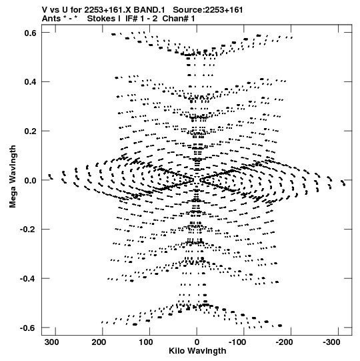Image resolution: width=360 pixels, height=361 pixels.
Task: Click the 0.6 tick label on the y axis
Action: coord(31,33)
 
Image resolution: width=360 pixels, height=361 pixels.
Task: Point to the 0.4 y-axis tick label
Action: coord(31,82)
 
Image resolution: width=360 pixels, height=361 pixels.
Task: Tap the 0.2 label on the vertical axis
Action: coord(31,131)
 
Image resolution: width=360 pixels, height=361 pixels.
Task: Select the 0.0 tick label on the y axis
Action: coord(31,180)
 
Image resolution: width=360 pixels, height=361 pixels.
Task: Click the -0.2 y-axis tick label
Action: coord(28,230)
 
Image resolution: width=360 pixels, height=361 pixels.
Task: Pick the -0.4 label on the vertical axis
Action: coord(28,279)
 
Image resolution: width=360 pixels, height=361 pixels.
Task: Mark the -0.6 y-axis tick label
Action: coord(28,328)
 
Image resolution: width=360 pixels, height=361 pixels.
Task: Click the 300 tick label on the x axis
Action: coord(52,342)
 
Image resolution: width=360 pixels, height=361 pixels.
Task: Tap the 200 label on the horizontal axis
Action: coord(99,342)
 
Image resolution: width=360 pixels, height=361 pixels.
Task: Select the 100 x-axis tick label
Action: coord(146,342)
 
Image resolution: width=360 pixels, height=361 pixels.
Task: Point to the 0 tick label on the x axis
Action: coord(197,342)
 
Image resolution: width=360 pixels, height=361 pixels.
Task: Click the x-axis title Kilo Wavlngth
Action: coord(197,351)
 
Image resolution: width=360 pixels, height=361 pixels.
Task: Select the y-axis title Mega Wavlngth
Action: coord(13,177)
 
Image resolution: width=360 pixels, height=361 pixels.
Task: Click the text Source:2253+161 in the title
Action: coord(208,10)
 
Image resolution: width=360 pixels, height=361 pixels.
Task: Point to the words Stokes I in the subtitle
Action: coord(103,19)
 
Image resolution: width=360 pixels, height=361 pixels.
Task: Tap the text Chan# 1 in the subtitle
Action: coord(179,19)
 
